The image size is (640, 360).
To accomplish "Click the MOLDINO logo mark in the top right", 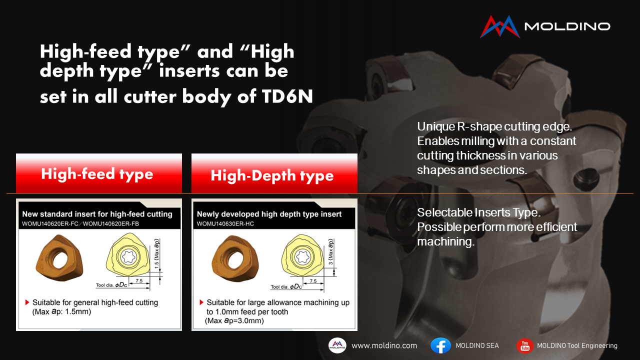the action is (x=500, y=26).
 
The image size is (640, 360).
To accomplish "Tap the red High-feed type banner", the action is (x=99, y=173).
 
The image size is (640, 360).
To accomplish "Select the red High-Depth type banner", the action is (x=274, y=173).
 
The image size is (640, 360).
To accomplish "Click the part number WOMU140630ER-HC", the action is (x=225, y=223).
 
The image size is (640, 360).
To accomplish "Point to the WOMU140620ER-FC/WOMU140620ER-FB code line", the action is (x=80, y=223).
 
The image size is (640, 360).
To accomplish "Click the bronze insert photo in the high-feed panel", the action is (x=59, y=257).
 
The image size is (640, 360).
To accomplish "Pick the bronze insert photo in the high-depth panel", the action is (x=235, y=258).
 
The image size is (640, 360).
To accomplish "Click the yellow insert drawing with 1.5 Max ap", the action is (x=128, y=254).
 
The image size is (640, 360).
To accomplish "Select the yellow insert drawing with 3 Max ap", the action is (x=303, y=255).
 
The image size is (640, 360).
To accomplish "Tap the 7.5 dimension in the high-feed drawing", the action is (x=139, y=280).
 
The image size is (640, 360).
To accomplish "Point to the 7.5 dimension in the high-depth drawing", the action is (x=313, y=281).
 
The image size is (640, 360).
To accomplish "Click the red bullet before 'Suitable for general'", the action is (x=27, y=302).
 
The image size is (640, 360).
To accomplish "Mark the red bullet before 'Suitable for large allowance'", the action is (x=201, y=302).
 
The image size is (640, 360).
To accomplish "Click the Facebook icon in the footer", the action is (x=440, y=345).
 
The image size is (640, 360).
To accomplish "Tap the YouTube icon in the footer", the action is (x=525, y=345).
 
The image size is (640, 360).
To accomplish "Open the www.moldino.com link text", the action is (x=384, y=345).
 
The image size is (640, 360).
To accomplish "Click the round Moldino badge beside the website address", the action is (x=337, y=345).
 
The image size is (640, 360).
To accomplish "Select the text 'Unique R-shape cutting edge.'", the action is (x=494, y=126).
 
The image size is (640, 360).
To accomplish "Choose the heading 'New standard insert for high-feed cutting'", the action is (x=97, y=214).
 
